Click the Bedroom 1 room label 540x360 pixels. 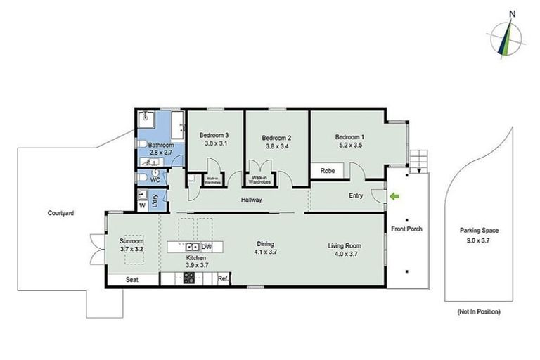tap(349, 137)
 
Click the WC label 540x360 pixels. tap(156, 179)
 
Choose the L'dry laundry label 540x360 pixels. tap(155, 199)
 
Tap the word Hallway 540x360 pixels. tap(251, 200)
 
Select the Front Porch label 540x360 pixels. tap(406, 229)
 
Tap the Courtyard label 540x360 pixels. tap(61, 213)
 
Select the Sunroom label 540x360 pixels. tap(131, 241)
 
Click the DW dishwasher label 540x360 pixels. tap(207, 247)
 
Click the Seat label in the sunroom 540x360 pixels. tap(131, 279)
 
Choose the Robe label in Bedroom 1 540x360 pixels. tap(327, 171)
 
